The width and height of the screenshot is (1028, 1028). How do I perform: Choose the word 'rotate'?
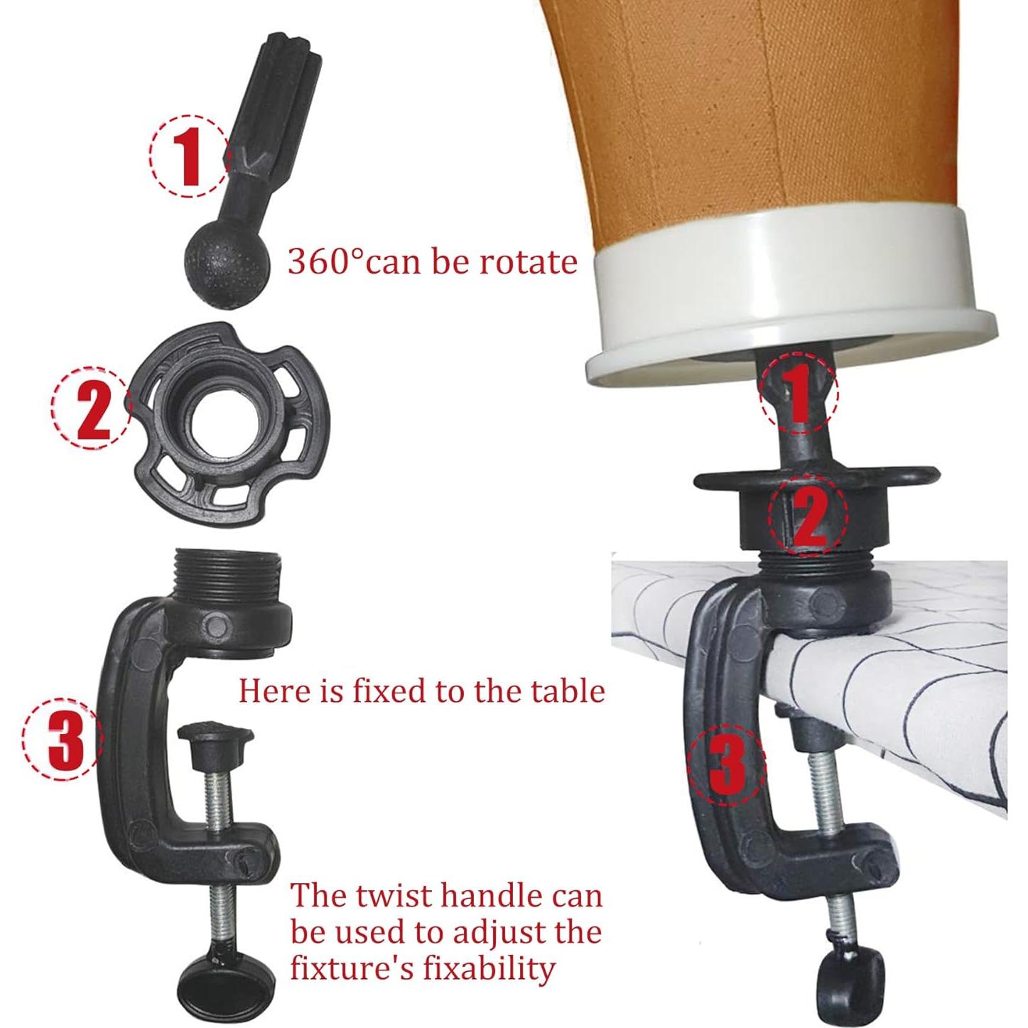tap(529, 262)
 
